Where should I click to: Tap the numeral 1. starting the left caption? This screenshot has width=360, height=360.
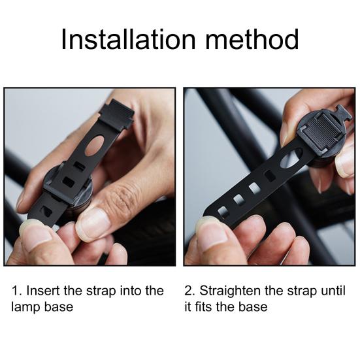(16, 291)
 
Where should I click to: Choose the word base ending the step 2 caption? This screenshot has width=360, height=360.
(255, 306)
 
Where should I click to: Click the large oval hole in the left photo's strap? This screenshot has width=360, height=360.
(96, 146)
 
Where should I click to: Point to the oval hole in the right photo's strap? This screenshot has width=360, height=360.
(291, 157)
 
